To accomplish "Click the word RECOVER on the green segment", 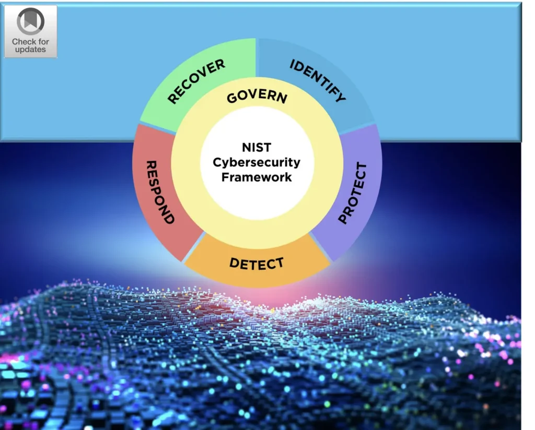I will click(x=196, y=81).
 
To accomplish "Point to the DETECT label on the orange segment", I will click(x=256, y=264).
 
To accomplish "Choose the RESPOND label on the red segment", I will click(x=159, y=192).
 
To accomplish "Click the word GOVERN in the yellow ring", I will click(x=257, y=97).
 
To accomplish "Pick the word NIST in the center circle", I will click(x=256, y=148).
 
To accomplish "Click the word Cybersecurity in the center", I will click(x=257, y=162).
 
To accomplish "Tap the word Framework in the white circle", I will click(x=257, y=177).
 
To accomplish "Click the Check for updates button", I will click(x=30, y=31).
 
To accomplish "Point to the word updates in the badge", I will click(x=30, y=50).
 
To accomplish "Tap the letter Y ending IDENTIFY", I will click(x=340, y=97).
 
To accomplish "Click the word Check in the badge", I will click(x=24, y=41).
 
